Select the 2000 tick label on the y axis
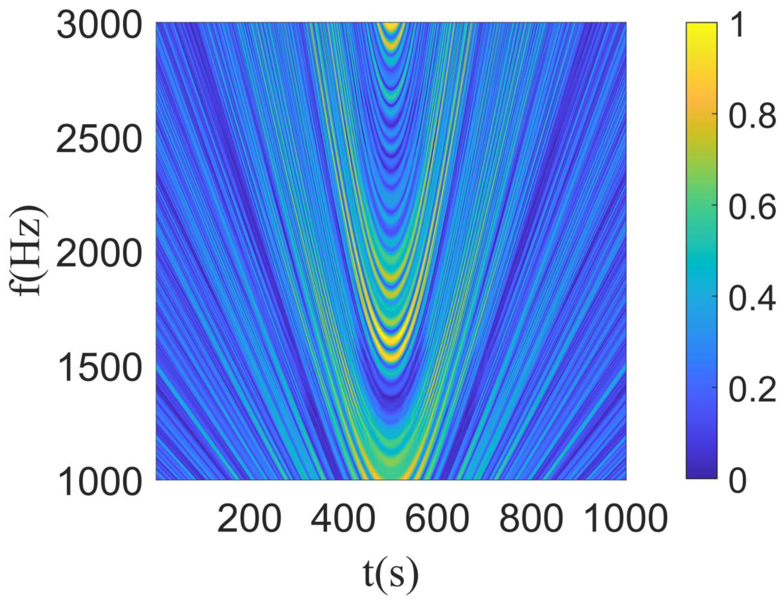(99, 254)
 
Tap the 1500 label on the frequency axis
(99, 368)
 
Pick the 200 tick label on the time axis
(249, 518)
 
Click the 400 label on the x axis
(343, 518)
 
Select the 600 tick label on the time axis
(437, 518)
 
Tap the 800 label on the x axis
(531, 518)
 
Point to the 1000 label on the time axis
(626, 518)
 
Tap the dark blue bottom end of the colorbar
(701, 474)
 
